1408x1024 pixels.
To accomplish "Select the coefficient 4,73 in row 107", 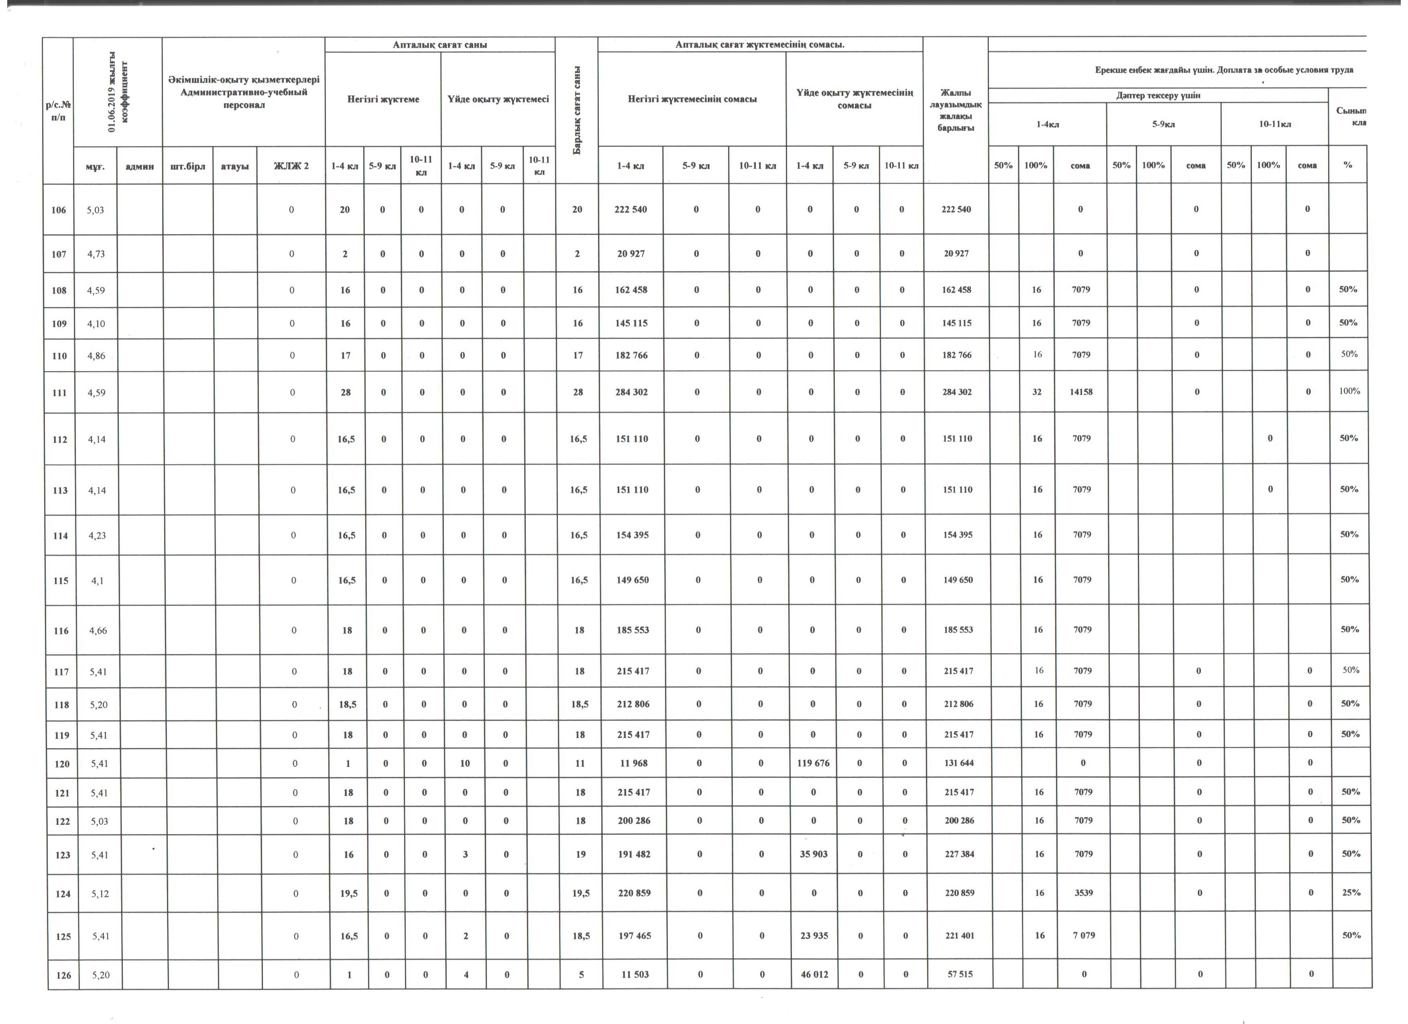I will coord(95,254).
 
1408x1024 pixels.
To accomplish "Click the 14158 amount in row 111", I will coord(1081,392).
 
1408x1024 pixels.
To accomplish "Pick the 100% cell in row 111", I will coord(1349,391).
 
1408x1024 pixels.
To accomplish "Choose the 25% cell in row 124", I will coord(1351,892).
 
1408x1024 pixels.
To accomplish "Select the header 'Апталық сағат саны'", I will coord(439,45).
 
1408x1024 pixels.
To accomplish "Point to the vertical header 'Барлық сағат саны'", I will coord(577,110).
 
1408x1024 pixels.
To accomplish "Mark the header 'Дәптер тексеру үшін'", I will coord(1158,96).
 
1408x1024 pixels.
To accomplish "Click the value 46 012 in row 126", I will coord(814,974).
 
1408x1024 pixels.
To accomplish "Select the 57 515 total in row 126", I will coord(960,974).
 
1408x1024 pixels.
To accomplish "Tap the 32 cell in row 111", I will coord(1037,392).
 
